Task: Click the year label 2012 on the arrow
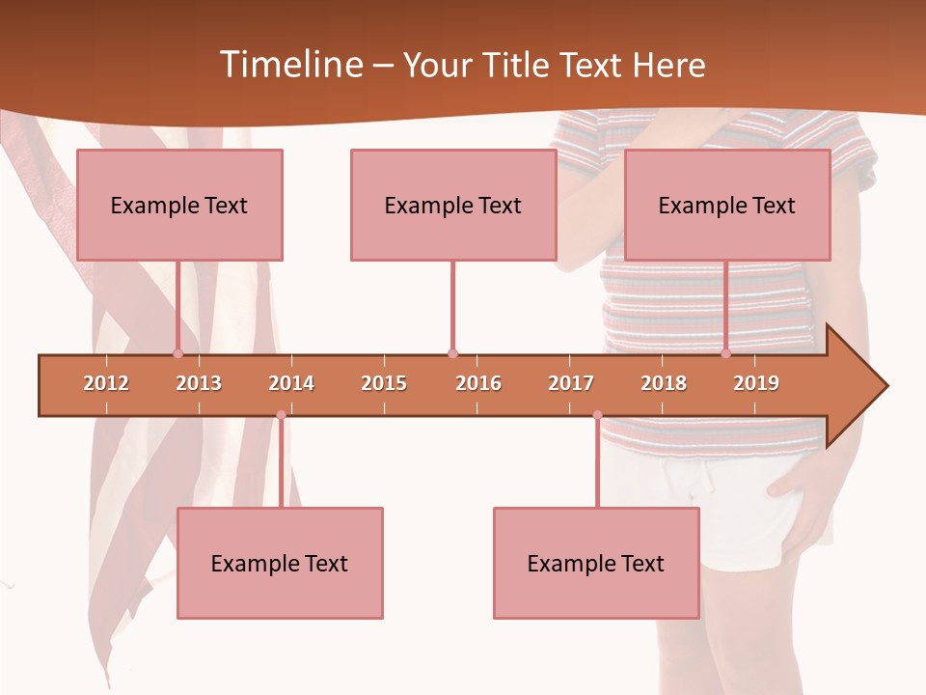click(106, 383)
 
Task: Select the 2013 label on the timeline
click(199, 383)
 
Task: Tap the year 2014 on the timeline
click(291, 383)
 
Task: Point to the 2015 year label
click(384, 383)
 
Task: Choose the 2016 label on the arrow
click(478, 383)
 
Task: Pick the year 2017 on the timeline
click(571, 383)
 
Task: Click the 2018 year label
click(664, 383)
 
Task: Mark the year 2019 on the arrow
click(756, 383)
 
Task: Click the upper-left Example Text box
click(179, 206)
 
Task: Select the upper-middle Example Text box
click(453, 206)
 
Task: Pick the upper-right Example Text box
click(727, 206)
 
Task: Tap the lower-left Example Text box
click(280, 564)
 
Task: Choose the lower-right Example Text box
click(596, 564)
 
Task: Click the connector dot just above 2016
click(452, 353)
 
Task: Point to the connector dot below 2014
click(281, 415)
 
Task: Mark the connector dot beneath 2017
click(597, 415)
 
